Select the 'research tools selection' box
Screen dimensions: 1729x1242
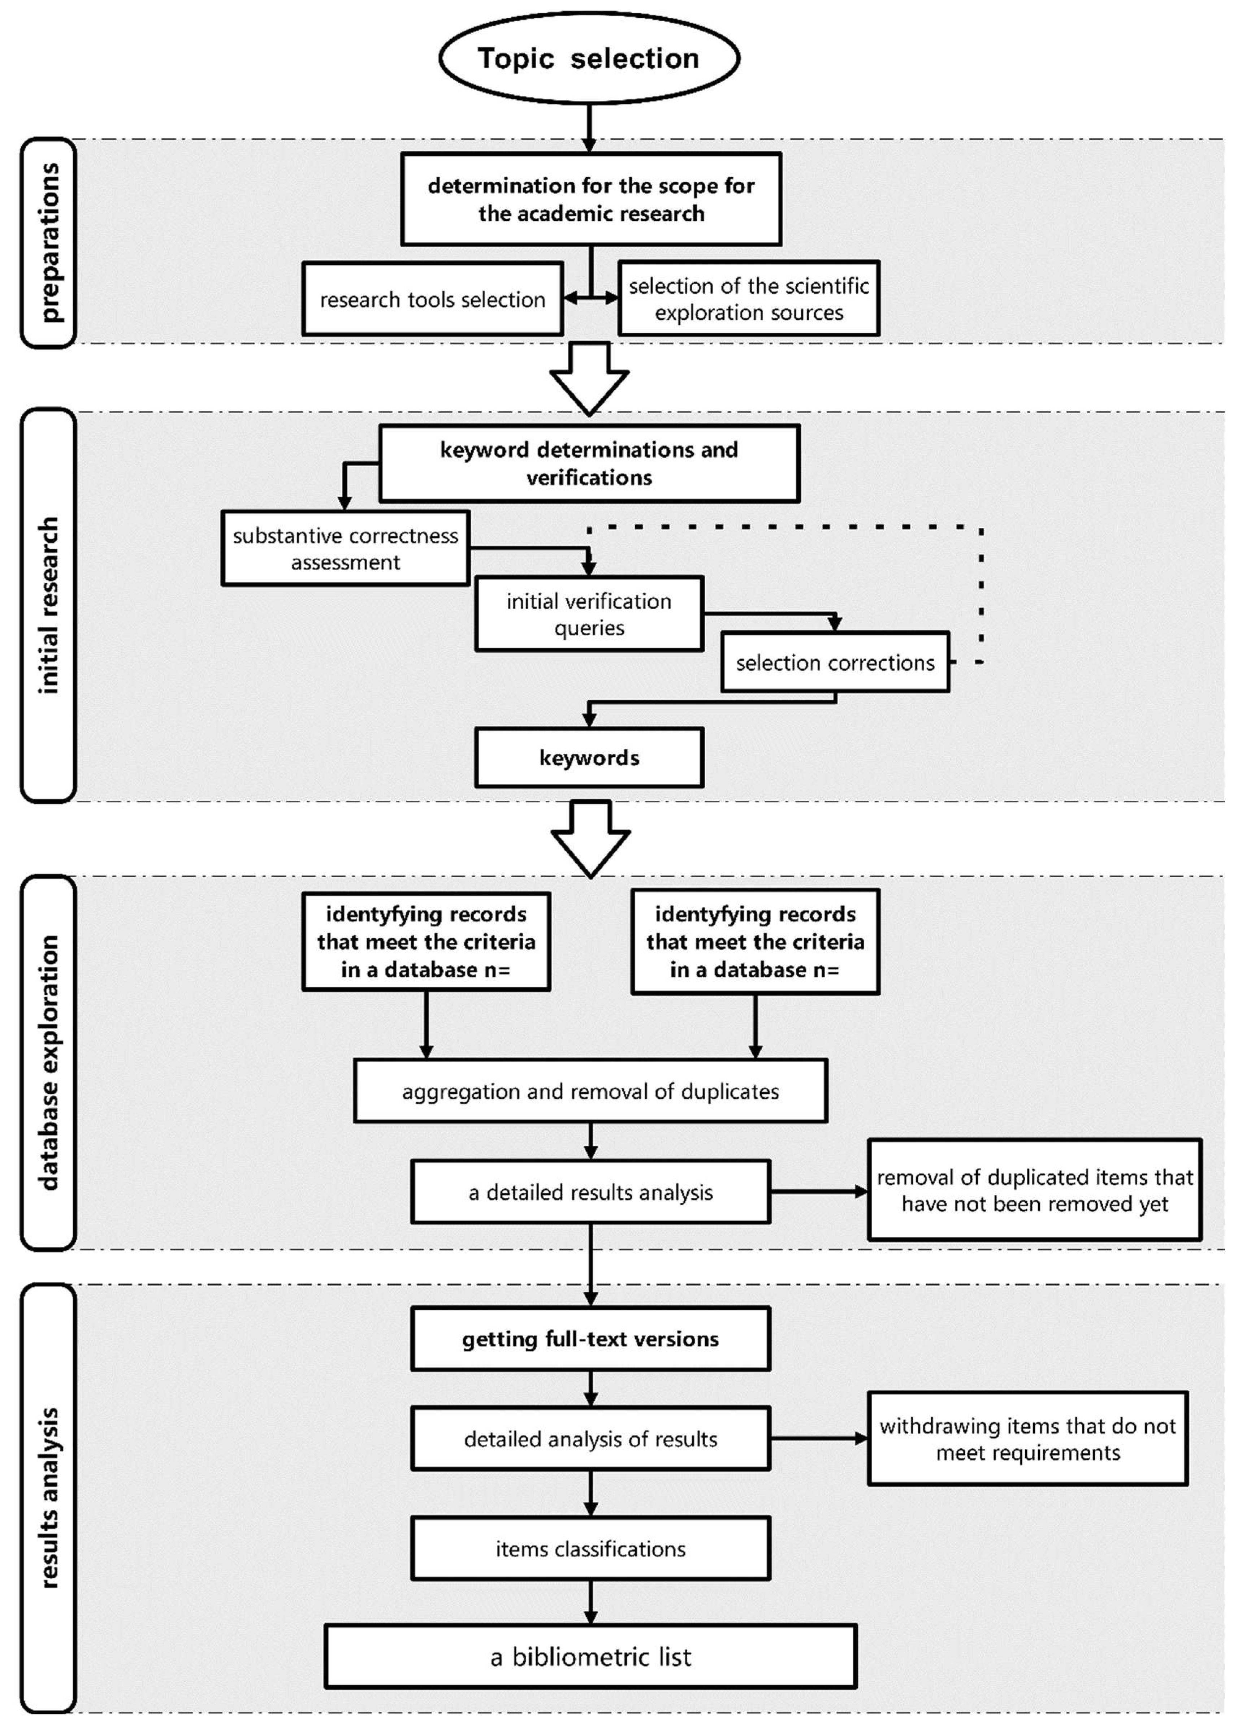click(432, 299)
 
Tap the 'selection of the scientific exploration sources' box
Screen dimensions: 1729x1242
click(749, 299)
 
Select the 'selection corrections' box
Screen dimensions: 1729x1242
click(835, 662)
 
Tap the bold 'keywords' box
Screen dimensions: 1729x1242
click(589, 758)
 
